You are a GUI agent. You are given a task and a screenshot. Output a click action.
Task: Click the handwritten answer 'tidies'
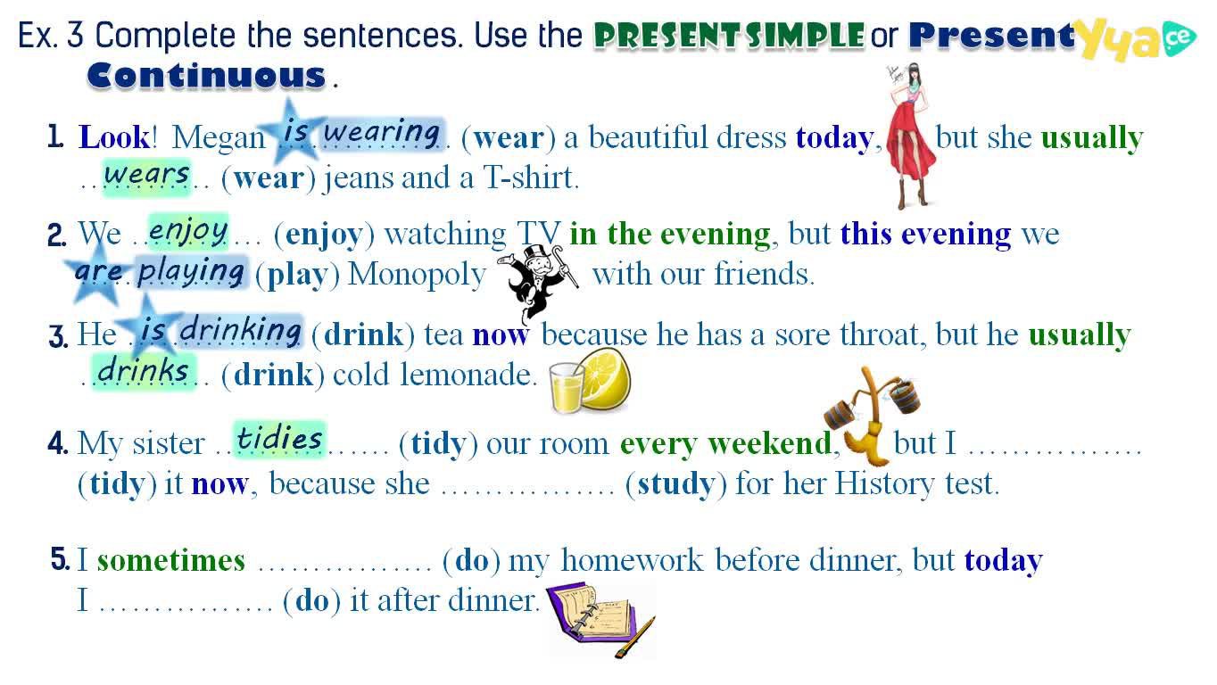click(279, 439)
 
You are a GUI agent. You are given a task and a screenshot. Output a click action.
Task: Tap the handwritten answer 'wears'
click(146, 175)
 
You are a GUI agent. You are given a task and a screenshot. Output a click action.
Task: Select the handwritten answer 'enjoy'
click(188, 231)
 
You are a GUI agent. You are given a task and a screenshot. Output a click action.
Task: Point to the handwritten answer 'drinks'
click(143, 372)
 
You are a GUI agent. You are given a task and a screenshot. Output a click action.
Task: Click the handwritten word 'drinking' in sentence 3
click(240, 330)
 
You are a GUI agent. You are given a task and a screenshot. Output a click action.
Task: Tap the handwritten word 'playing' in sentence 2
click(190, 272)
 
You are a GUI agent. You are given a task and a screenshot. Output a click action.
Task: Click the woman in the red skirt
click(910, 136)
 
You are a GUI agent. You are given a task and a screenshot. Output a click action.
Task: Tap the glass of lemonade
click(567, 387)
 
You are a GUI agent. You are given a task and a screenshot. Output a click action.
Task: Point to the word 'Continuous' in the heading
click(206, 76)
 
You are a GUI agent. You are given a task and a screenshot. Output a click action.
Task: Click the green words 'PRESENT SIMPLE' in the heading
click(729, 36)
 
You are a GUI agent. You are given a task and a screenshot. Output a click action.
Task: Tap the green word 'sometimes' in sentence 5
click(171, 560)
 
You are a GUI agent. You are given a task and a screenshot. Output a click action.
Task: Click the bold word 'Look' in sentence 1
click(114, 136)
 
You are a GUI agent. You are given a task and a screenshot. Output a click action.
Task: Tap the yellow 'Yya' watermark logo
click(1121, 39)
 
